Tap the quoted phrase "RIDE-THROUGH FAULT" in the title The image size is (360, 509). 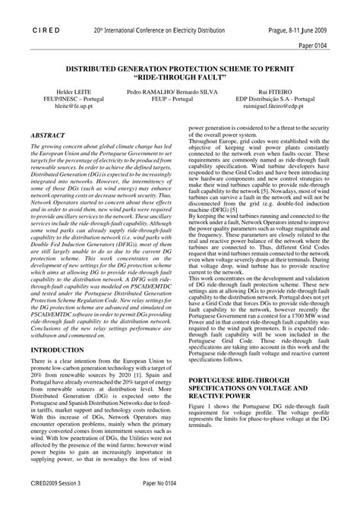click(x=180, y=77)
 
